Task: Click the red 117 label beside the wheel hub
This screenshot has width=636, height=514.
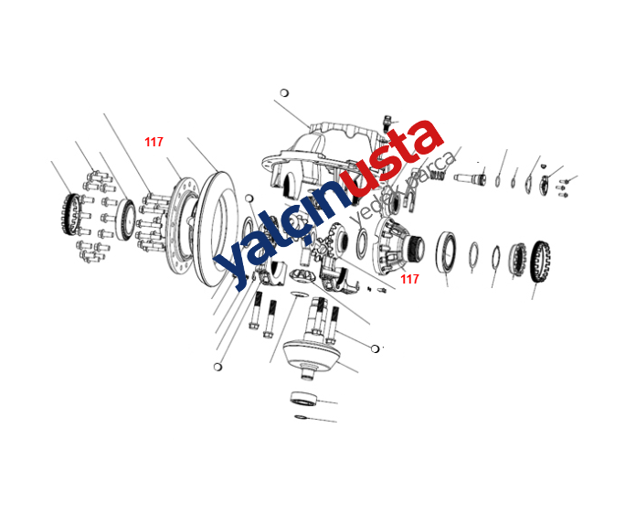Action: [154, 142]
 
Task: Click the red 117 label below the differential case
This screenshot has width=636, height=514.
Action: [409, 279]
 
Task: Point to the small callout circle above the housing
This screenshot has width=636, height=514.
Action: [284, 93]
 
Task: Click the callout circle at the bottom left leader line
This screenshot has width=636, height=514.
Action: [217, 367]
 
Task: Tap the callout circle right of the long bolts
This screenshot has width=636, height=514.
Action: [376, 348]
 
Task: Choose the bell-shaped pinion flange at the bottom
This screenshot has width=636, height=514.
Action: [311, 359]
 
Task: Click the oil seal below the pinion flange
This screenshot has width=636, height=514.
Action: [303, 398]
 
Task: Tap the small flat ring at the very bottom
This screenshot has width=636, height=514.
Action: [301, 417]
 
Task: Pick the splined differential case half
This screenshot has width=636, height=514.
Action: [398, 246]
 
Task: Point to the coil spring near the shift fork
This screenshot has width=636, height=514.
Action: [438, 175]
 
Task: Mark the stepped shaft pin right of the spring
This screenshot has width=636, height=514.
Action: [470, 178]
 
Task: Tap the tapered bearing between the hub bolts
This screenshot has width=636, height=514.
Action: [126, 220]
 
